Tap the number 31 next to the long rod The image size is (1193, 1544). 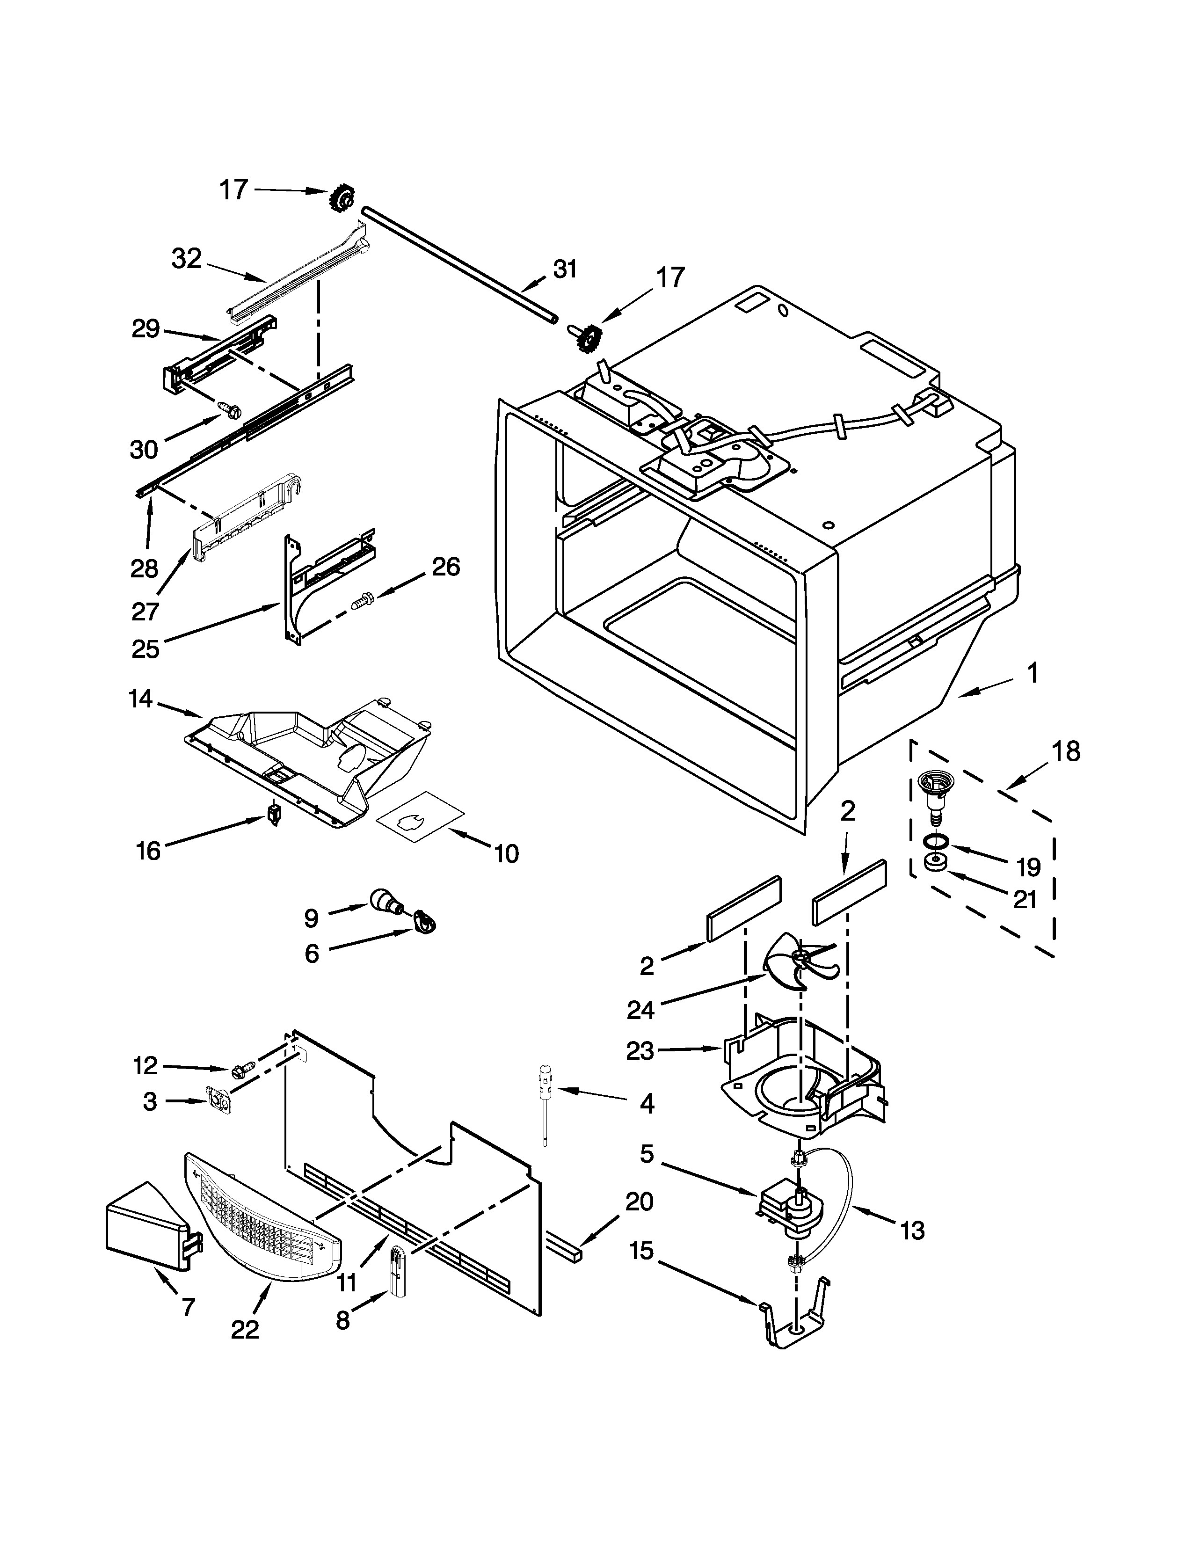coord(566,269)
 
